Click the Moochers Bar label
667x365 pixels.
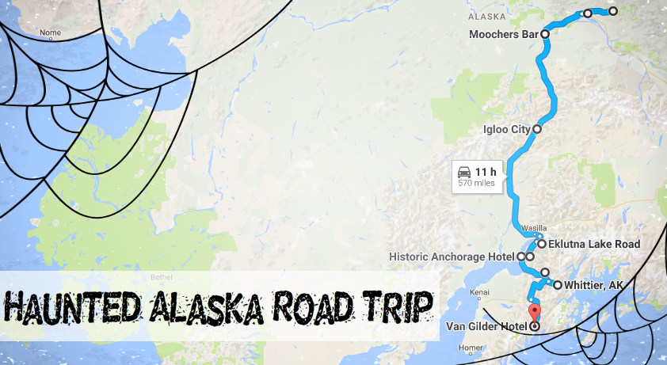click(504, 35)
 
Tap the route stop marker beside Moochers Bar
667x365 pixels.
click(545, 35)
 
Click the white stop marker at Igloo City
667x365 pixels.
click(537, 128)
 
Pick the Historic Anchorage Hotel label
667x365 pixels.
click(452, 257)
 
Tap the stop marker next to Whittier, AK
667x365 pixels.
click(558, 285)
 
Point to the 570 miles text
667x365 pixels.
click(476, 184)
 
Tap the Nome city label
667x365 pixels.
click(50, 32)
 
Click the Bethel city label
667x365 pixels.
click(161, 278)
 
